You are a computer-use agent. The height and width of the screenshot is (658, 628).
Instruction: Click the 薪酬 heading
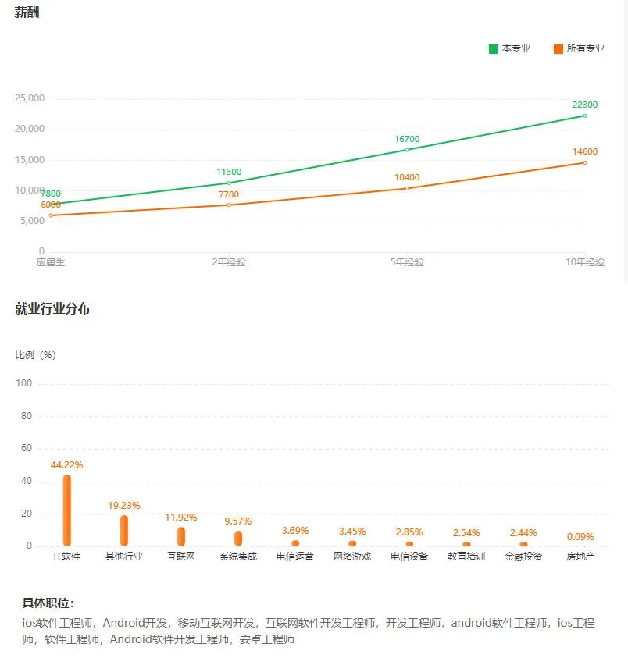click(x=27, y=12)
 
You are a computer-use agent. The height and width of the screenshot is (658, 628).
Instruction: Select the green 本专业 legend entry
click(x=509, y=48)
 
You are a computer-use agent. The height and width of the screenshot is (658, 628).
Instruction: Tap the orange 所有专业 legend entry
click(x=579, y=48)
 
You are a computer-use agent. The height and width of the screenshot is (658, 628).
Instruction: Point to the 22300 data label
click(x=585, y=105)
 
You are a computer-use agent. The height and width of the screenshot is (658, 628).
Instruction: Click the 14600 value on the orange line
click(x=585, y=151)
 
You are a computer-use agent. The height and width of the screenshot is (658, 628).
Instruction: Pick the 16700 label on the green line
click(x=407, y=139)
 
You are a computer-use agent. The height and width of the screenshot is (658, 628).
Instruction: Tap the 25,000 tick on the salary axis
click(x=30, y=98)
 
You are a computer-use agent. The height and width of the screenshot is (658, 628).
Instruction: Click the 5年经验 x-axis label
click(x=407, y=262)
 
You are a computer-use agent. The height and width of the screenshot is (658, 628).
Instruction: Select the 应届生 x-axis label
click(x=50, y=262)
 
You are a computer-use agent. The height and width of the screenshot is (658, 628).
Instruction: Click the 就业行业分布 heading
click(x=52, y=308)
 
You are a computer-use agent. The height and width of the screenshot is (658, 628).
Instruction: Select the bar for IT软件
click(x=67, y=510)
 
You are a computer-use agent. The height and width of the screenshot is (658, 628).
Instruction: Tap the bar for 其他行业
click(x=124, y=531)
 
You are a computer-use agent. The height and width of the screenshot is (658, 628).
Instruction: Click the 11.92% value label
click(x=181, y=518)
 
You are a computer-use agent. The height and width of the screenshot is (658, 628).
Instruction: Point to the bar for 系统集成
click(x=238, y=539)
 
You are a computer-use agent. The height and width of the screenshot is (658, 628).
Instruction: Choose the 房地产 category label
click(x=580, y=557)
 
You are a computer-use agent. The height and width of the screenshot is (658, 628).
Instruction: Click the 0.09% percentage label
click(x=580, y=536)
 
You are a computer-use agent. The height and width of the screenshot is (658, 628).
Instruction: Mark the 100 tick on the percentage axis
click(x=23, y=383)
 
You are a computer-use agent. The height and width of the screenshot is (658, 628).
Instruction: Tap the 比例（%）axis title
click(x=36, y=355)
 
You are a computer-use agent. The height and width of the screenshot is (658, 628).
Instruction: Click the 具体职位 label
click(x=48, y=603)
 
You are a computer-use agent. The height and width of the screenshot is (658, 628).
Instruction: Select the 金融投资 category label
click(x=523, y=557)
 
